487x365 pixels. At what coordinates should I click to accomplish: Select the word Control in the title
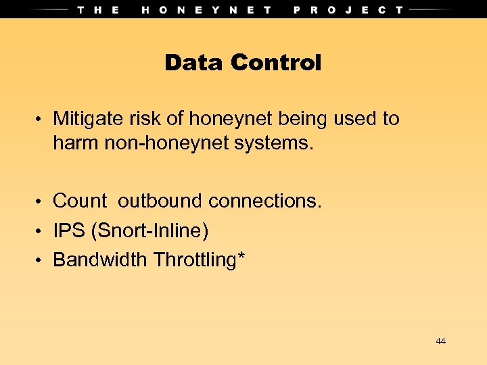[275, 63]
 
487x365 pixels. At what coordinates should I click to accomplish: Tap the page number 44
[440, 341]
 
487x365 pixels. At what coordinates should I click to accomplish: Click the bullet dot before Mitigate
[41, 120]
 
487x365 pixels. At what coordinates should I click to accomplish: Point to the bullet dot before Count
[41, 202]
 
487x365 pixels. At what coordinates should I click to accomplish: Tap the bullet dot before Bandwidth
[41, 261]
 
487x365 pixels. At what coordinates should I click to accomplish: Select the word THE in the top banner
[99, 9]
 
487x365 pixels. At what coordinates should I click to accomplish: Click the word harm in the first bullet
[75, 144]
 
